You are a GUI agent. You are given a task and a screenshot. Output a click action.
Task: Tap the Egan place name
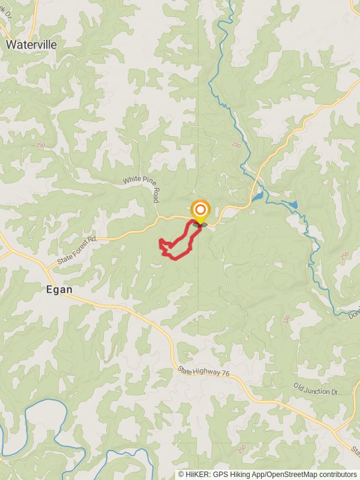click(x=59, y=289)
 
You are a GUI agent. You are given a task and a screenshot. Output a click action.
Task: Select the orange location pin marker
click(x=200, y=211)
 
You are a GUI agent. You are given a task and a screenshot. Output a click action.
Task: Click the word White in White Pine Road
click(x=133, y=180)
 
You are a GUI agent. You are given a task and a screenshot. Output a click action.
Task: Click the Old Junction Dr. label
click(x=316, y=388)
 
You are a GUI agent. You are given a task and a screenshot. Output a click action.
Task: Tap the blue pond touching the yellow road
click(x=257, y=196)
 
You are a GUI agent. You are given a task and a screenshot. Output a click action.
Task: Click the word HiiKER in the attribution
click(x=196, y=474)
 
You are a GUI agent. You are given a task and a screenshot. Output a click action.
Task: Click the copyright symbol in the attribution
click(x=181, y=474)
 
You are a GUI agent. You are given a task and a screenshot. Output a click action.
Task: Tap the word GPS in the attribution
click(x=218, y=474)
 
